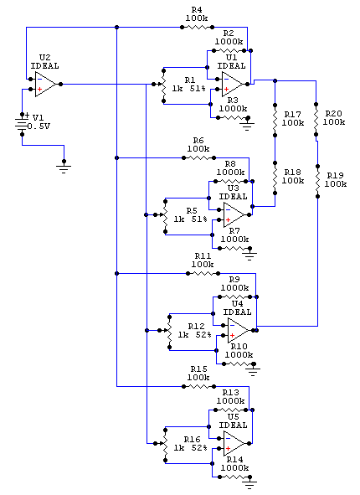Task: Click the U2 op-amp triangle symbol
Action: (46, 85)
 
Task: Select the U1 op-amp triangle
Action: (233, 85)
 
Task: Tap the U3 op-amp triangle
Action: (234, 215)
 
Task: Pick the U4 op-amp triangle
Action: (239, 331)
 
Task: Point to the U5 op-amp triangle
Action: (234, 444)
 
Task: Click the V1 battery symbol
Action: (22, 124)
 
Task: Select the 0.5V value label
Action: (39, 126)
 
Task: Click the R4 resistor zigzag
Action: (198, 28)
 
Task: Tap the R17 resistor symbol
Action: (275, 120)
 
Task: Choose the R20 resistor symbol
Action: (316, 119)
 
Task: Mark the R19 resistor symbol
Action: (318, 181)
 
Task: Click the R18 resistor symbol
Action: (275, 178)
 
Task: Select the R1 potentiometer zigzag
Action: (162, 85)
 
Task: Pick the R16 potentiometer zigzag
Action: (165, 444)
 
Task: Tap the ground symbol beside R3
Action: (247, 123)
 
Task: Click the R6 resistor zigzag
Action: (199, 157)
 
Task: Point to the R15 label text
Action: (198, 369)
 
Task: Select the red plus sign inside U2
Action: (39, 90)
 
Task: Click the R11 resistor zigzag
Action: (203, 273)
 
